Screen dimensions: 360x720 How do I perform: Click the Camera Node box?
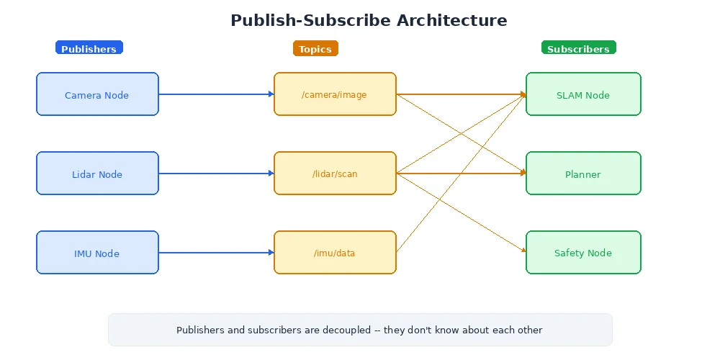97,94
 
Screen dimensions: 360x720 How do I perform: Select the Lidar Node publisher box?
97,174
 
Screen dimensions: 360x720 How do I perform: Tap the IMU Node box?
97,253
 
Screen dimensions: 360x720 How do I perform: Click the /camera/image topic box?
335,94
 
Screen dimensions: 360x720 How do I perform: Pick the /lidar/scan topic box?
335,174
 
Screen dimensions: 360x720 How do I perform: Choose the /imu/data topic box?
335,253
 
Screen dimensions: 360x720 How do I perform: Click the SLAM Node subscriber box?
583,94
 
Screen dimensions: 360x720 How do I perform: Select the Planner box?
583,174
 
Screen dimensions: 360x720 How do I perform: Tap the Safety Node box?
583,253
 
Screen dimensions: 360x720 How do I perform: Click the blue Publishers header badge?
89,48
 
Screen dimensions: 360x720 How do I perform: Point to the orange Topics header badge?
315,48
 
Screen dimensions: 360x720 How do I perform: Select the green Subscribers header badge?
578,48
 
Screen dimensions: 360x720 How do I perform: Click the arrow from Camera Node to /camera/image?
216,94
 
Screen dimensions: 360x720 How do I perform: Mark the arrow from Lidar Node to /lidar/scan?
216,174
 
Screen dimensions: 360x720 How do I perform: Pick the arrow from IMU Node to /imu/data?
216,253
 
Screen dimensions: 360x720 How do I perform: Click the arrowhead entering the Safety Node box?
523,250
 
